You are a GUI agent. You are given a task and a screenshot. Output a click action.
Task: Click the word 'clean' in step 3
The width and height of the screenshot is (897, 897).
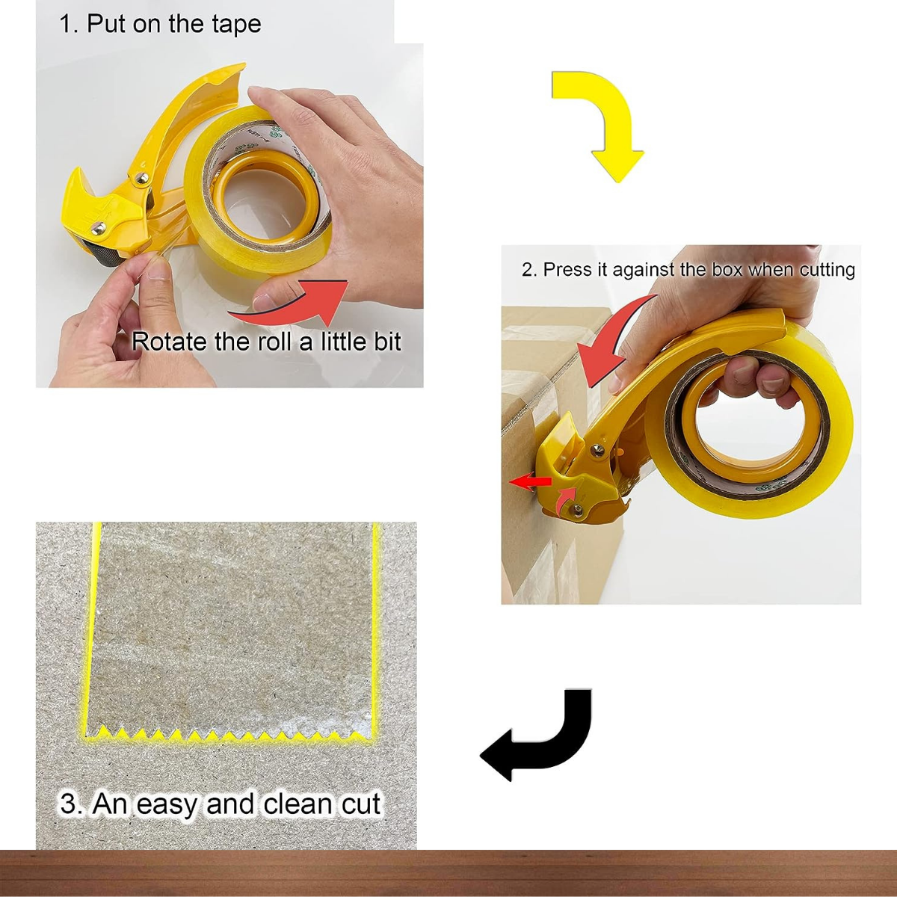[298, 804]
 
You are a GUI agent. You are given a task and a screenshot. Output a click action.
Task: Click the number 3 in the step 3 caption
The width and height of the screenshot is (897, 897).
[69, 804]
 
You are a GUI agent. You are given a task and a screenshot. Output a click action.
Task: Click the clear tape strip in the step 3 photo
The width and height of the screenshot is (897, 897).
[232, 628]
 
